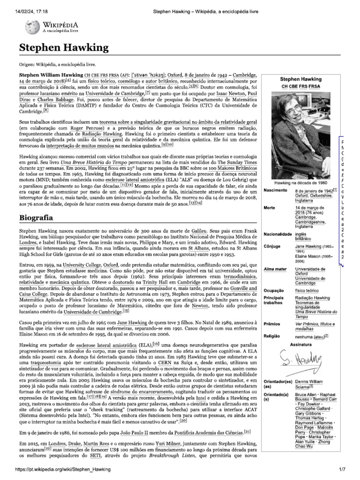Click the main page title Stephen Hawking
[x=64, y=47]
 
